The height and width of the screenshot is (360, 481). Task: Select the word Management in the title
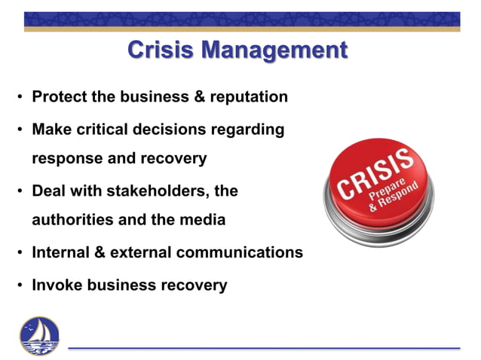click(276, 50)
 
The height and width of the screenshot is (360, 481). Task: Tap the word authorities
click(74, 221)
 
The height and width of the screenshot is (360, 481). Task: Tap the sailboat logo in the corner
click(40, 335)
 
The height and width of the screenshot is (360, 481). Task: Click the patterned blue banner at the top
click(241, 20)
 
